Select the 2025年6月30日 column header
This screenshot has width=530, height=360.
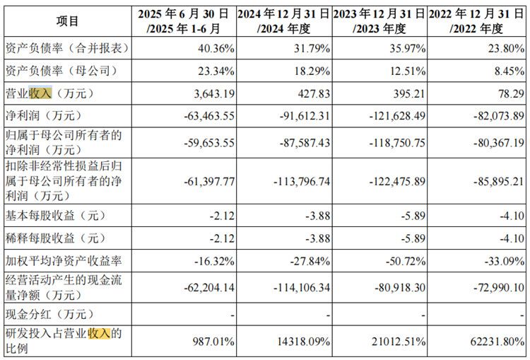tap(184, 21)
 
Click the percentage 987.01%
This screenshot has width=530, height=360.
tap(211, 342)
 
